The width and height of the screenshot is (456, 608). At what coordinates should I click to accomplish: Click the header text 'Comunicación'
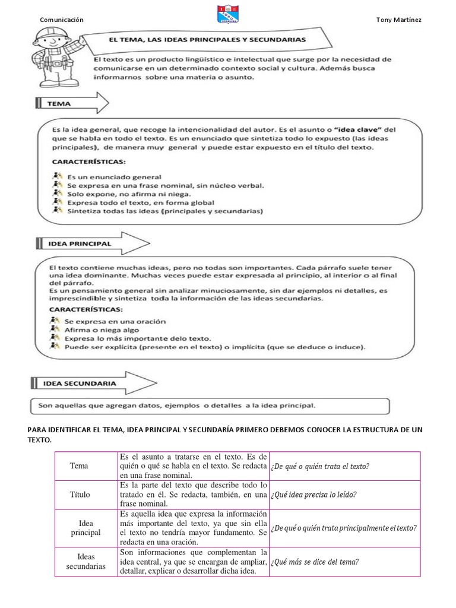point(61,20)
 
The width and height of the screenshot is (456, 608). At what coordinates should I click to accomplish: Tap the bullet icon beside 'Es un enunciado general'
point(57,176)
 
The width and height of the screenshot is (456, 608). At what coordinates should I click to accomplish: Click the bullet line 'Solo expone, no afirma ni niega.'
point(128,194)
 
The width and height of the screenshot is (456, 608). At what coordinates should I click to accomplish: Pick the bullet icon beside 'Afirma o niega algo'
point(57,329)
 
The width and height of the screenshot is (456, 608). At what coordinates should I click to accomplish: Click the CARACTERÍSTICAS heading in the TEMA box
point(89,161)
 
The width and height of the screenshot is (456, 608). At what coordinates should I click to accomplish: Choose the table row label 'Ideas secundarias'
point(87,561)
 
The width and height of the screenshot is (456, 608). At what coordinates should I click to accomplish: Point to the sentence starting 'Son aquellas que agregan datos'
point(176,406)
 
